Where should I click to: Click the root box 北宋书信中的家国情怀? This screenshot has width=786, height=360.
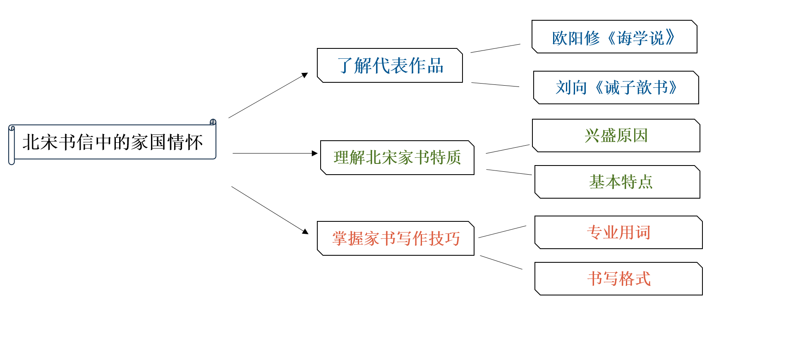tap(112, 142)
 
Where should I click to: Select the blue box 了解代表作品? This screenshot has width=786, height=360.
tap(390, 65)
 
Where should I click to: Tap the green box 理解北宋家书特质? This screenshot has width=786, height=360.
tap(397, 158)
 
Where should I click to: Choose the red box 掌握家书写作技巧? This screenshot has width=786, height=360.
tap(395, 238)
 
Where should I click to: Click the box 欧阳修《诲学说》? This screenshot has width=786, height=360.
tap(614, 37)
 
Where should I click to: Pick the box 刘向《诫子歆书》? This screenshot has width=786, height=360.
tap(616, 87)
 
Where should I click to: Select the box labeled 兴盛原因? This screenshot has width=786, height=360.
tap(616, 136)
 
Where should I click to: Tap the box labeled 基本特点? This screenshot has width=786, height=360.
tap(617, 182)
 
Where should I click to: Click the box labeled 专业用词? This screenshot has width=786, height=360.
tap(618, 233)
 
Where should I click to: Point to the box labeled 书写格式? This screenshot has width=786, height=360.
tap(618, 279)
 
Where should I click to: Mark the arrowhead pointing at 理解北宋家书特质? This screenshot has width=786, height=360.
tap(315, 154)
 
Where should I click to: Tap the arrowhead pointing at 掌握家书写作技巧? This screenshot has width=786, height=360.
tap(306, 231)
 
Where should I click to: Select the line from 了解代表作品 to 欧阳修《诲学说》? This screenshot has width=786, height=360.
tap(495, 48)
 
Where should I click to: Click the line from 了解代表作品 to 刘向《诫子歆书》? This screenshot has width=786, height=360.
tap(495, 85)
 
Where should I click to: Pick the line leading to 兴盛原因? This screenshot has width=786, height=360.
tap(508, 149)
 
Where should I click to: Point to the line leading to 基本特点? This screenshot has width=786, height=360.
tap(509, 172)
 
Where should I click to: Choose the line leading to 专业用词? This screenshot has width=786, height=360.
tap(502, 232)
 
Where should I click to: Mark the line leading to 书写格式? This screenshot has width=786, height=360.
tap(501, 262)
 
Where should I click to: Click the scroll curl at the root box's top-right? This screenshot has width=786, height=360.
tap(213, 122)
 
